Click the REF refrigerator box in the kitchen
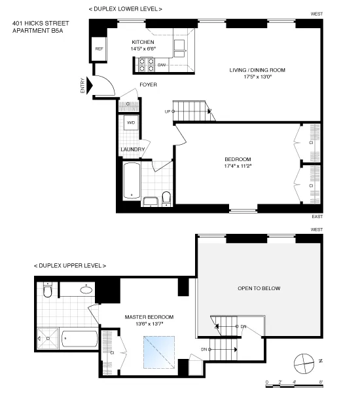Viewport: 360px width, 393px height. pyautogui.click(x=99, y=49)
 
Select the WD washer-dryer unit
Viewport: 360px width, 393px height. pyautogui.click(x=130, y=122)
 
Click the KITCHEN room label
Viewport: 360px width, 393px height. pyautogui.click(x=141, y=42)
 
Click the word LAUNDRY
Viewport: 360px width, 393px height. pyautogui.click(x=132, y=149)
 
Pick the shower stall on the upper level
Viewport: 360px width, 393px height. pyautogui.click(x=48, y=339)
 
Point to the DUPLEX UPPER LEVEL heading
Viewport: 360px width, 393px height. pyautogui.click(x=69, y=265)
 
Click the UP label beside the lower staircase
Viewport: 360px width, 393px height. pyautogui.click(x=167, y=111)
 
